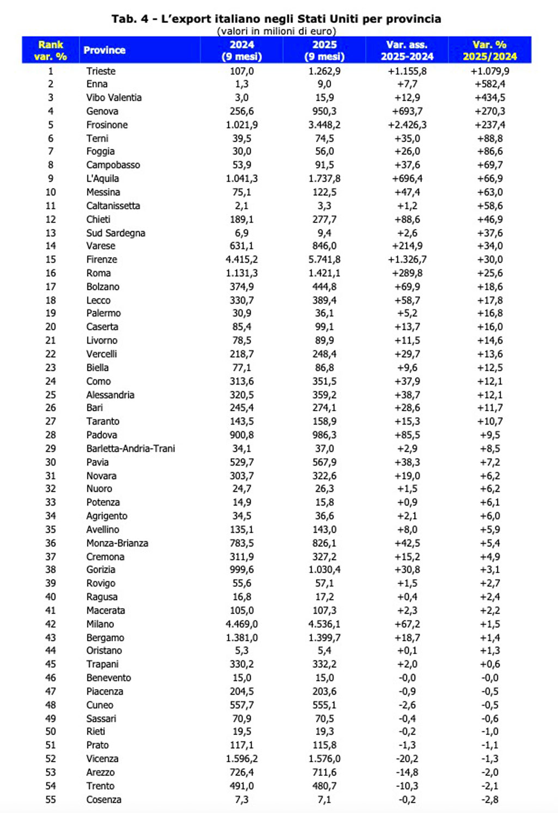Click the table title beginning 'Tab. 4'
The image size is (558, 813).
276,19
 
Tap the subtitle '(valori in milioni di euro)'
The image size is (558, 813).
276,31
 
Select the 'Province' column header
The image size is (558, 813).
105,50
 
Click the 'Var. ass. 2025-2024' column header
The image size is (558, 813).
407,50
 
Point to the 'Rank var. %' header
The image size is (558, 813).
51,50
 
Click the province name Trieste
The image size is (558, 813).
101,71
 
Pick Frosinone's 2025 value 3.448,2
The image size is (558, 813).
324,125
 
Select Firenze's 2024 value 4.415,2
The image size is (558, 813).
241,260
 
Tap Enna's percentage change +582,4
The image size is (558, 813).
489,84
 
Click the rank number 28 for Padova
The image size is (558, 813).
51,435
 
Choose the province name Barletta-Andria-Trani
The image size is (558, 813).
131,448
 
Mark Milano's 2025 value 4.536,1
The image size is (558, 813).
324,624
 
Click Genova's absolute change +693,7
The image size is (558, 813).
407,111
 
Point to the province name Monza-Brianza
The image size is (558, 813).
117,543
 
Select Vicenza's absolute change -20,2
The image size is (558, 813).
407,758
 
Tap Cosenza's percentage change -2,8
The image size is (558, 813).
489,799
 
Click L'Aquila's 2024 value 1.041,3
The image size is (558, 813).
241,178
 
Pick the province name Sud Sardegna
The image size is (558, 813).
116,233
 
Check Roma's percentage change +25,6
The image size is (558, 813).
489,273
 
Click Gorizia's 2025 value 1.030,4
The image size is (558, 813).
324,569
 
